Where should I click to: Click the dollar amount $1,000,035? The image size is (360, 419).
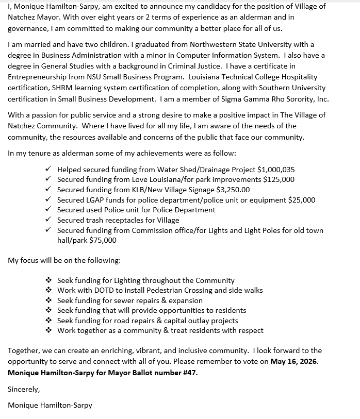(x=276, y=170)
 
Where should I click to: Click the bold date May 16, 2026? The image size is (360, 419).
(x=294, y=361)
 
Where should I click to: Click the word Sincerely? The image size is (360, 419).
(x=24, y=389)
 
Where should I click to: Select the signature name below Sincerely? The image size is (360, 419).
(x=50, y=405)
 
